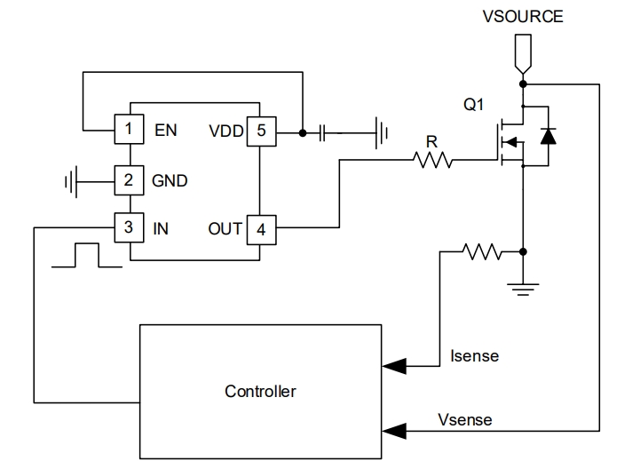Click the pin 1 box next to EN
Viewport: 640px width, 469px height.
130,130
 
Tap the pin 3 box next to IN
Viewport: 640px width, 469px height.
130,227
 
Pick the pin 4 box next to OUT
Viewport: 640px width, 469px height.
260,228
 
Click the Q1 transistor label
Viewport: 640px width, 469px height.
474,105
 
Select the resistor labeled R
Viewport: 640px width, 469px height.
432,160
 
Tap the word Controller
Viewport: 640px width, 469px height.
260,391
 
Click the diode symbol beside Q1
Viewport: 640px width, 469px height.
549,136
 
